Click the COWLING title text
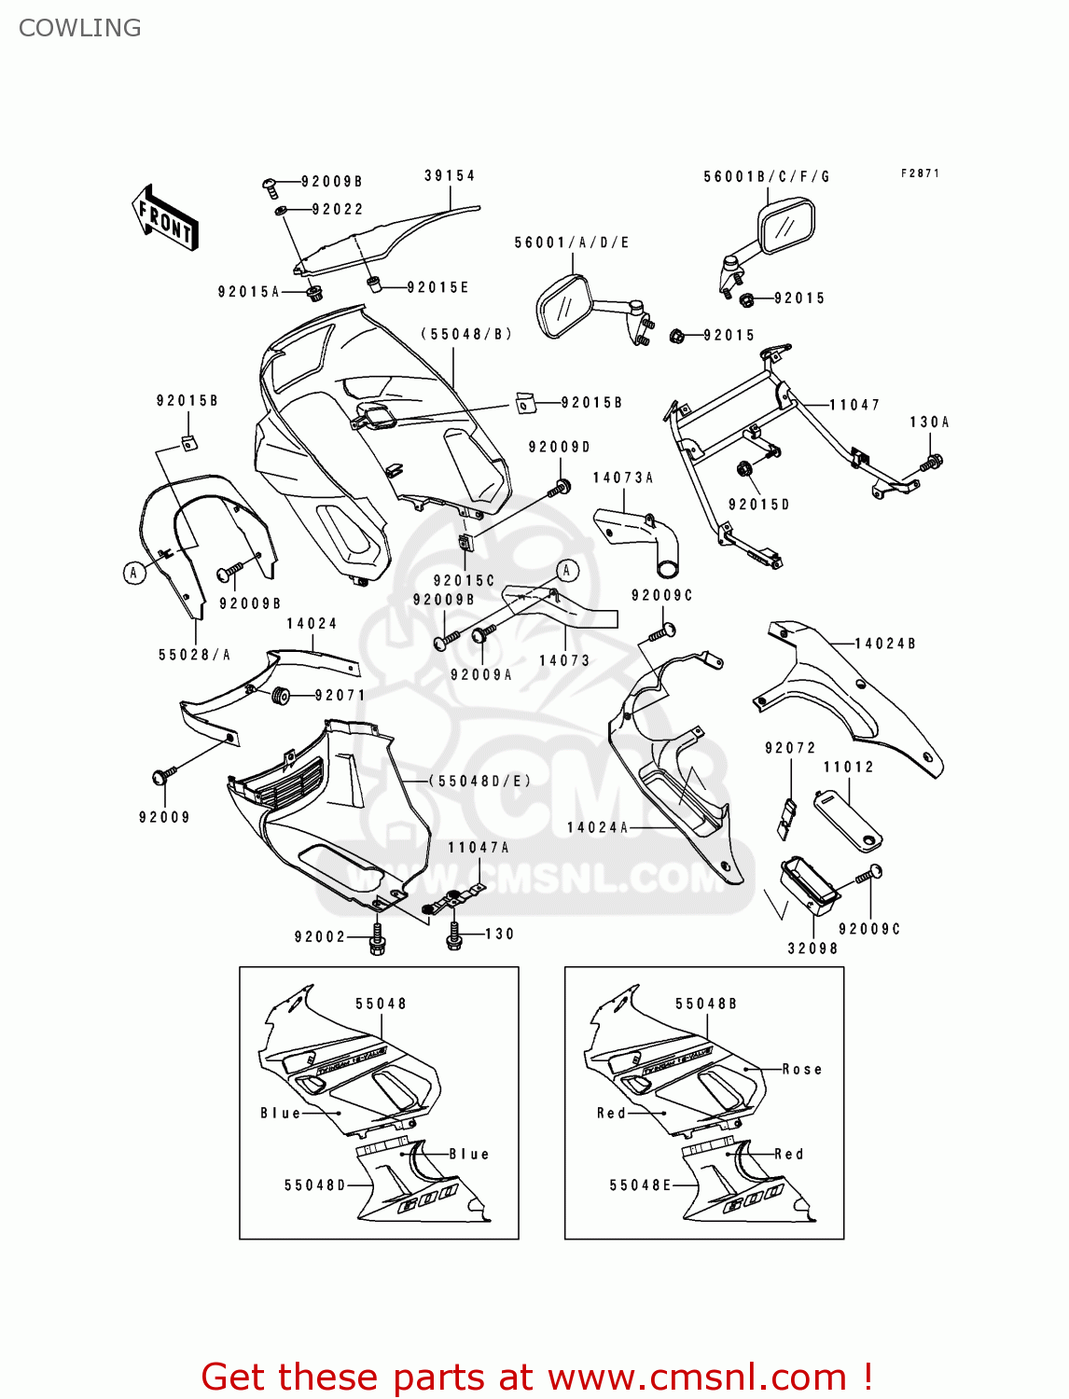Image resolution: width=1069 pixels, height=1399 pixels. [80, 28]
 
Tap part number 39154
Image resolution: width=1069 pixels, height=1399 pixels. [450, 175]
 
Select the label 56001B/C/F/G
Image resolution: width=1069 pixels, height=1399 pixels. [766, 176]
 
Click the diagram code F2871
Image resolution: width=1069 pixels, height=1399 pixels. [920, 173]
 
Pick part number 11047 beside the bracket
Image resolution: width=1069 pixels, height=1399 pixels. [854, 405]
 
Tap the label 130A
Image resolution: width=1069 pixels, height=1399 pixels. [929, 422]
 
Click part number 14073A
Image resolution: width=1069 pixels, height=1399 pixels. [623, 478]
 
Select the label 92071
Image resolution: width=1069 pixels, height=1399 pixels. [340, 695]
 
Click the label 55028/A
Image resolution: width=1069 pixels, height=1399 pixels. [194, 655]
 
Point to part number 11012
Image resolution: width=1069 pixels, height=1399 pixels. [848, 767]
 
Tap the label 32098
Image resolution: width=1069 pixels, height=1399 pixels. [812, 949]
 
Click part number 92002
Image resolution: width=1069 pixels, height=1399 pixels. [320, 936]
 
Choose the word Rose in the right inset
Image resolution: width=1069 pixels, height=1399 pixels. [802, 1069]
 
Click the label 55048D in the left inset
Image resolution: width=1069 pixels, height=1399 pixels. [315, 1184]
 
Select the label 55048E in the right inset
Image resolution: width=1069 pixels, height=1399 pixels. [640, 1184]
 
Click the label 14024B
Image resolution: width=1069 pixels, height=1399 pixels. [884, 644]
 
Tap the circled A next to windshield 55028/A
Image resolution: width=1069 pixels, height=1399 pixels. [134, 573]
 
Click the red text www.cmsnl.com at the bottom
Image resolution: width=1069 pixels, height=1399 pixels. [697, 1377]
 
